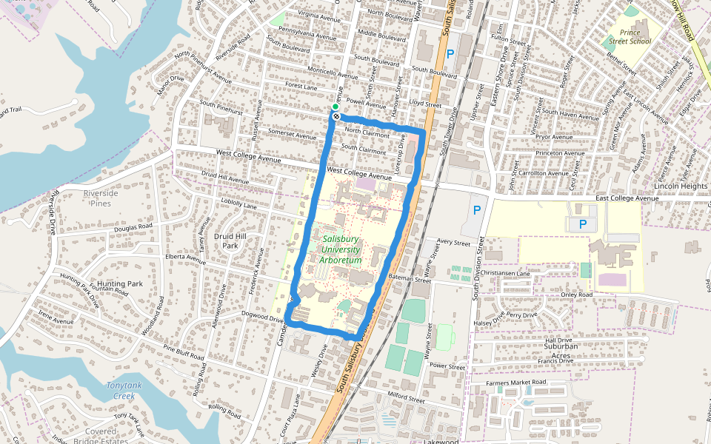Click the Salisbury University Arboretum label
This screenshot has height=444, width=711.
[341, 249]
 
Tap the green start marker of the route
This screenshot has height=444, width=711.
[335, 107]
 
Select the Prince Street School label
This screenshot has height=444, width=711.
[630, 37]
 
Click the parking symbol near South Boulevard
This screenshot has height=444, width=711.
[450, 54]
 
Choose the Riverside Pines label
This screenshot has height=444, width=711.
[101, 198]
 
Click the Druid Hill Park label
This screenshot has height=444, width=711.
[230, 240]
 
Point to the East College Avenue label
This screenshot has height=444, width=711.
[627, 198]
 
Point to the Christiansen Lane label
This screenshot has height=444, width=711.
[505, 273]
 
